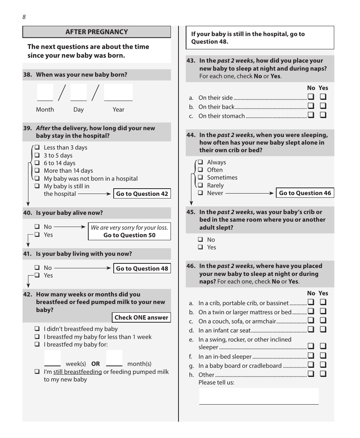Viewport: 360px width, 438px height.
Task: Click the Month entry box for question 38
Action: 45,93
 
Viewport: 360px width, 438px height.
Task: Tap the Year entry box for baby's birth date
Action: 118,93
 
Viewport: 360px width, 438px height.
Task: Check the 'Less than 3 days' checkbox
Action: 37,147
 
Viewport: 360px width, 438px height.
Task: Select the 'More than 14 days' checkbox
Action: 37,171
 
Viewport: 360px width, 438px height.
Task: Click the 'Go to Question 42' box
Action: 142,194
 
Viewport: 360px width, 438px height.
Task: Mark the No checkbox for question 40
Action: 37,227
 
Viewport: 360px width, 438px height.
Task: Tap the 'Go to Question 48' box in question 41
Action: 142,268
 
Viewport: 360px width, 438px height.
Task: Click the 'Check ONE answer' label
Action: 141,317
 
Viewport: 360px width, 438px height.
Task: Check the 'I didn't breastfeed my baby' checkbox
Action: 37,329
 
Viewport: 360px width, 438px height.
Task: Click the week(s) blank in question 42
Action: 52,358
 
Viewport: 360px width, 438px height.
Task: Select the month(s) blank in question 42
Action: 114,358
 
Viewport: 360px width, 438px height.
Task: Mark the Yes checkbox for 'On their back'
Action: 323,106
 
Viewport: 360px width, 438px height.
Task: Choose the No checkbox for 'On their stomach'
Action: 311,115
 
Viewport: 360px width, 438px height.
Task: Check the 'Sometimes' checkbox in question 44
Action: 200,178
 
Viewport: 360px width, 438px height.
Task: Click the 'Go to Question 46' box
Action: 305,193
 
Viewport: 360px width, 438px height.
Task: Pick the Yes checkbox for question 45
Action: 200,247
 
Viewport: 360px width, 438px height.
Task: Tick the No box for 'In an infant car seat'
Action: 311,330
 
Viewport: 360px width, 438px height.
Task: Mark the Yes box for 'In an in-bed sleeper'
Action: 323,356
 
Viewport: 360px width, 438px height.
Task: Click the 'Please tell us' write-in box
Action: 259,396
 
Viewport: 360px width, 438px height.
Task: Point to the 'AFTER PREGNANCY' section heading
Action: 97,32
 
